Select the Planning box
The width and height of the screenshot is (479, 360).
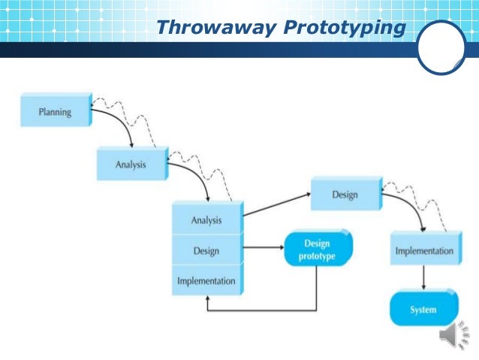(55, 113)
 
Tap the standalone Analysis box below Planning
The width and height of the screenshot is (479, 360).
(131, 164)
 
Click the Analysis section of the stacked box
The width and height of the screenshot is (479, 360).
(206, 220)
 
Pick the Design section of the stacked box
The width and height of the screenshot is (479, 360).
(206, 251)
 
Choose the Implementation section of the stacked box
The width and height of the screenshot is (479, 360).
(206, 282)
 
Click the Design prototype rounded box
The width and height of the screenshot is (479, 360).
(316, 250)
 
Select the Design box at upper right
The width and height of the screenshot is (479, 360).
(345, 195)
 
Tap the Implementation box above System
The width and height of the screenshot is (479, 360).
(424, 251)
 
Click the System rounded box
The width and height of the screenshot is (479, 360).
(423, 310)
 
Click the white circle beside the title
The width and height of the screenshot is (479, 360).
(441, 47)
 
